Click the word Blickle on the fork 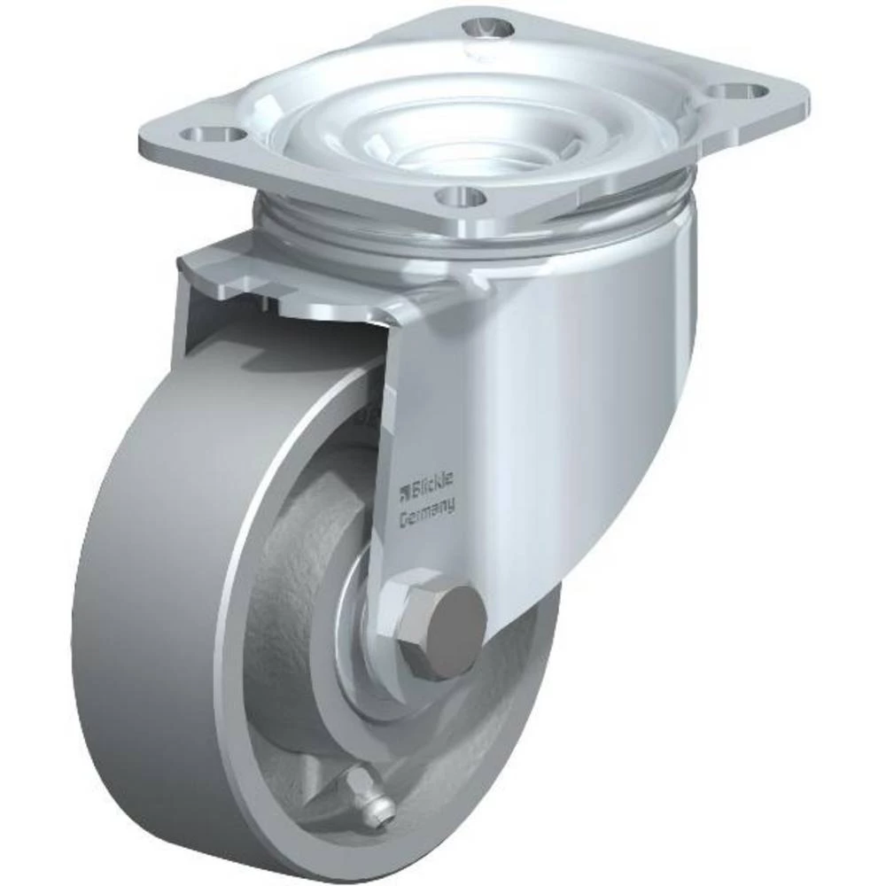431,482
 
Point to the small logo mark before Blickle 403,488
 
